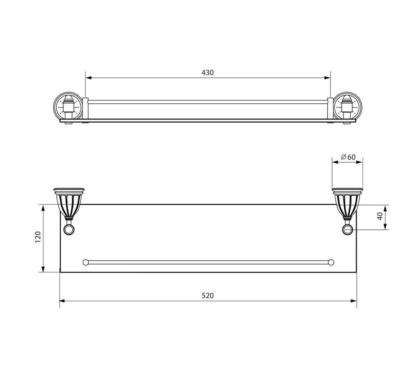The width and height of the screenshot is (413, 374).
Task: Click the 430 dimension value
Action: (208, 72)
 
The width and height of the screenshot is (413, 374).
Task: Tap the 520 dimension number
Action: (208, 296)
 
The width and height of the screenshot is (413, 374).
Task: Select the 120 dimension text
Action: (38, 237)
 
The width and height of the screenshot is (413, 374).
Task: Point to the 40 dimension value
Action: (380, 217)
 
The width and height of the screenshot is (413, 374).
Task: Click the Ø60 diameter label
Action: (348, 157)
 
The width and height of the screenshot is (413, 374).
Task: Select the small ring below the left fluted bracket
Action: (69, 229)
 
